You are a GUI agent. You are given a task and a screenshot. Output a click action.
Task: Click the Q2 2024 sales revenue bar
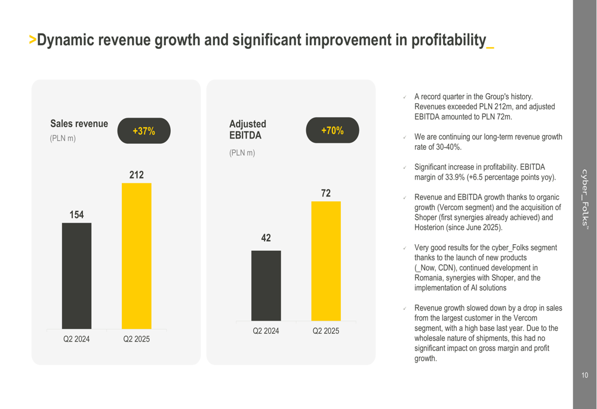tap(76, 276)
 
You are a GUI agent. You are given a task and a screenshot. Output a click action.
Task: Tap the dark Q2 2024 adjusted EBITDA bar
tap(266, 285)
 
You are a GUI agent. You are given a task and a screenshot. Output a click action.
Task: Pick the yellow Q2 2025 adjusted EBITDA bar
tap(326, 261)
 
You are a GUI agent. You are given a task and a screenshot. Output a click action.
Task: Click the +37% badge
tap(144, 131)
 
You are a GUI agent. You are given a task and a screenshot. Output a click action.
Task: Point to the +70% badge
tap(333, 130)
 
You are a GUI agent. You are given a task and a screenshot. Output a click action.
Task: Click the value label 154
tap(76, 214)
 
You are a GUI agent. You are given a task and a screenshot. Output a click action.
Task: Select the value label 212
tap(136, 175)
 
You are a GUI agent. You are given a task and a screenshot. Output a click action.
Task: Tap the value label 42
tap(266, 238)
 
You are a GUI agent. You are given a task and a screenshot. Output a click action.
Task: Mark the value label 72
tap(326, 193)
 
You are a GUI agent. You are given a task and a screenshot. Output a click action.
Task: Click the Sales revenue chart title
tap(79, 124)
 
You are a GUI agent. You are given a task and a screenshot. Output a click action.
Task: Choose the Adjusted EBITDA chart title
tap(248, 130)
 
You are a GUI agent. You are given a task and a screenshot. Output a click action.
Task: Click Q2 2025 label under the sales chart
tap(136, 339)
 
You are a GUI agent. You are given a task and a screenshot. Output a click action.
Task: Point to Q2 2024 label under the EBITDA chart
tap(266, 331)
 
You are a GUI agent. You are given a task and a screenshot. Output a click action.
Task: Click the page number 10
tap(584, 376)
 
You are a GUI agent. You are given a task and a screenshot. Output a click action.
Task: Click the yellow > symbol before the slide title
tap(32, 41)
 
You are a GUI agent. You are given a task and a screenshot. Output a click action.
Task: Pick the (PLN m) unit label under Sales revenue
tap(63, 139)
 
